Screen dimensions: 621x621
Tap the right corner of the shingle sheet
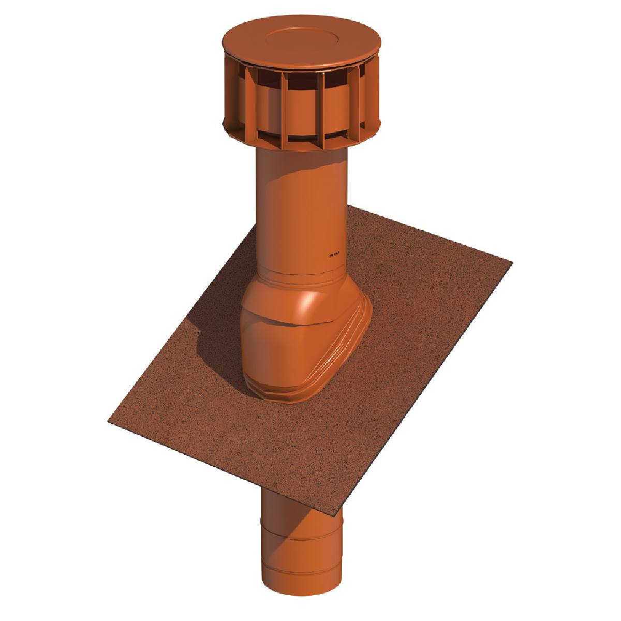coord(511,263)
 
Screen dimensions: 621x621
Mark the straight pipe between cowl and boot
coord(300,207)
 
